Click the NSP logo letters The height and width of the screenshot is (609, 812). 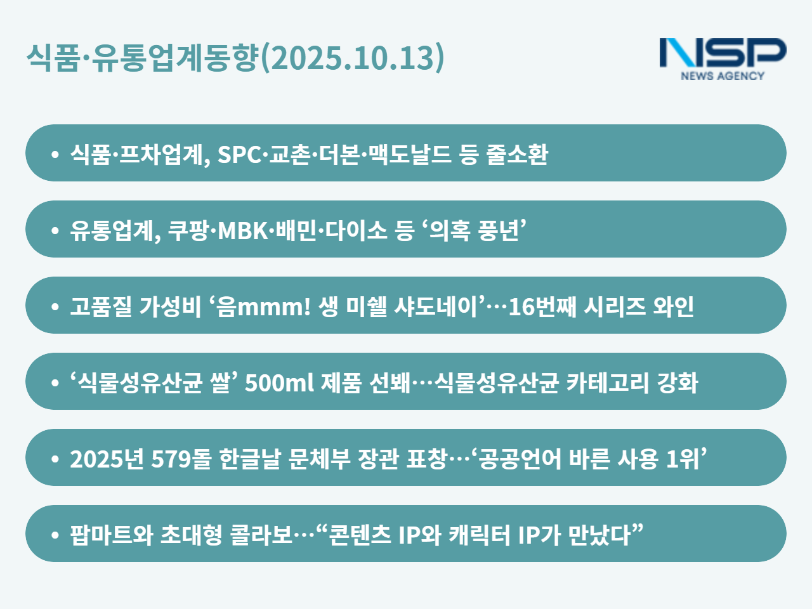[x=723, y=53]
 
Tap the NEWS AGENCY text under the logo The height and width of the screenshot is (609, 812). [x=723, y=75]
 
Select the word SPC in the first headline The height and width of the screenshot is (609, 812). [x=239, y=154]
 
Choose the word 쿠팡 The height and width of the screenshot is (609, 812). [x=188, y=230]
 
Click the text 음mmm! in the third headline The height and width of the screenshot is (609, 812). [x=263, y=306]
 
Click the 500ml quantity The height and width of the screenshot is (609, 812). [x=279, y=383]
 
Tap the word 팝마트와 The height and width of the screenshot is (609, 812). [x=112, y=535]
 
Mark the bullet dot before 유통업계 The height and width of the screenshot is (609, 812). [x=55, y=230]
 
